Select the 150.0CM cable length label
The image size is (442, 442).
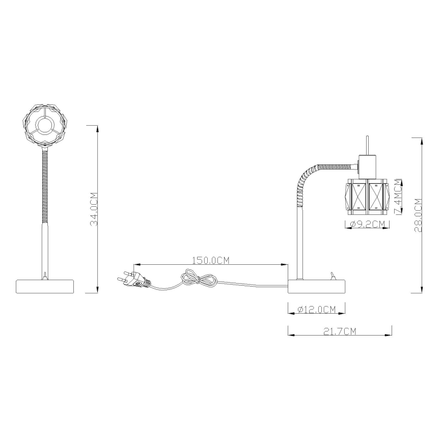[x=210, y=260]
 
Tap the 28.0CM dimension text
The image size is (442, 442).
[x=418, y=215]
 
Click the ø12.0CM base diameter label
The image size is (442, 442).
[x=316, y=309]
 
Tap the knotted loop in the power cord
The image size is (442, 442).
[x=197, y=278]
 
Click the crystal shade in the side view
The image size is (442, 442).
[x=367, y=196]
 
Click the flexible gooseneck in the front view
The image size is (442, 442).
[x=45, y=183]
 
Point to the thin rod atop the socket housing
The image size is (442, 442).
[x=367, y=145]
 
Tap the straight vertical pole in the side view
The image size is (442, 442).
[x=300, y=244]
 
